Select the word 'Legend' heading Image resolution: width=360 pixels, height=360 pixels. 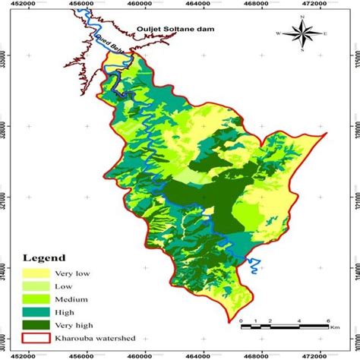tap(45, 257)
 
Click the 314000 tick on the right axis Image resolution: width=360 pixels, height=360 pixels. tap(354, 269)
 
